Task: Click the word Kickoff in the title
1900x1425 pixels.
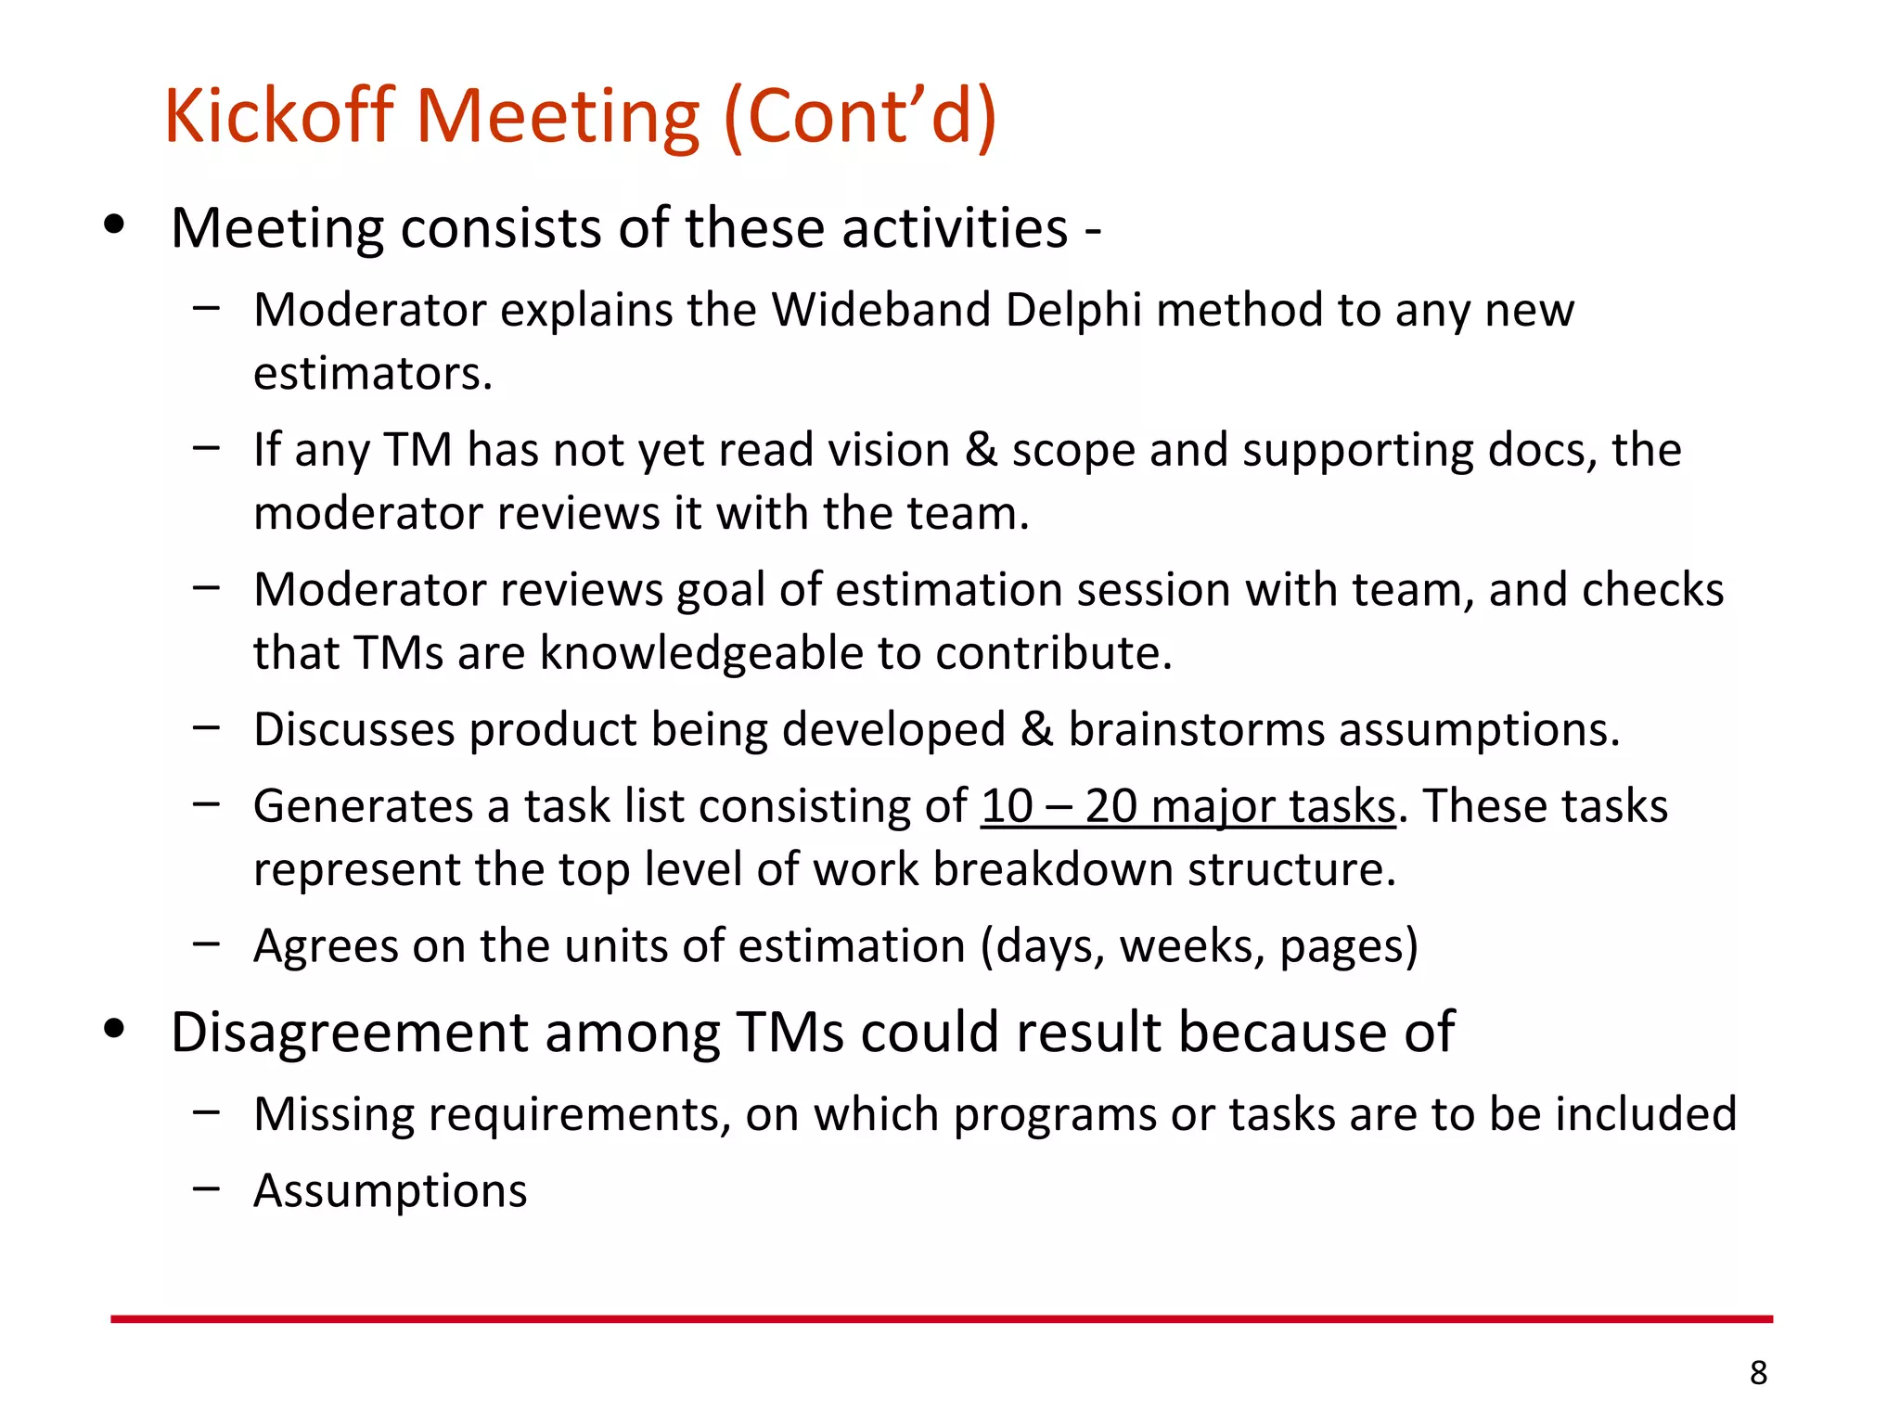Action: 279,116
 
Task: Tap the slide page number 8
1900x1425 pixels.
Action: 1758,1372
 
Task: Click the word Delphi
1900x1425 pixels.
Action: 1073,310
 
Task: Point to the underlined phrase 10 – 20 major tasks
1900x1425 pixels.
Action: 1187,806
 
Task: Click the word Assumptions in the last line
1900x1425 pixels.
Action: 391,1190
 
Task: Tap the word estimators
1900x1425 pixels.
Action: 372,374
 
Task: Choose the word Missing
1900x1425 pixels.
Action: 334,1114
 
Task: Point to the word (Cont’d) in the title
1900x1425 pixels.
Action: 859,116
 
